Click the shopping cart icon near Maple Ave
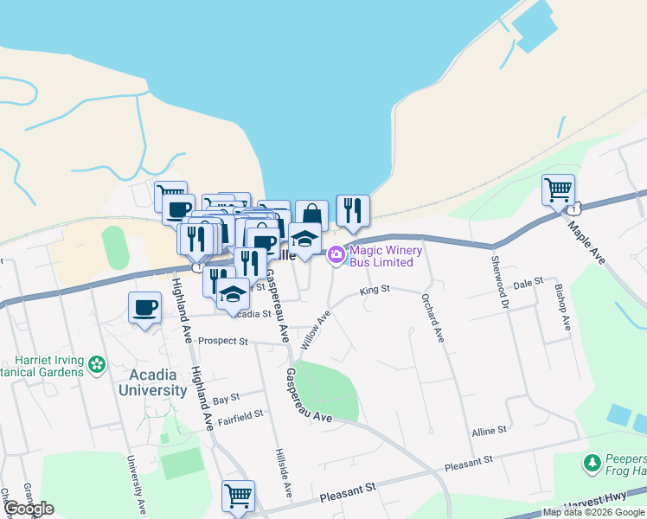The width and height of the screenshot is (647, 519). click(558, 189)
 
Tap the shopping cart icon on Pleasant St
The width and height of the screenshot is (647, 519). click(238, 497)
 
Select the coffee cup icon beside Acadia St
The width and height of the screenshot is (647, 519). click(144, 307)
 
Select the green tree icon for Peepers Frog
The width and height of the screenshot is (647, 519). click(593, 464)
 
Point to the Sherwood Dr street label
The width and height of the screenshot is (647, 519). click(498, 282)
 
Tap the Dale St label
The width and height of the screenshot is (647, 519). click(526, 282)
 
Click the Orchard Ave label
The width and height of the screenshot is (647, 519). click(432, 317)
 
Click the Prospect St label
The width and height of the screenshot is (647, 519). click(222, 341)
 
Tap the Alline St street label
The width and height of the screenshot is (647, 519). click(489, 430)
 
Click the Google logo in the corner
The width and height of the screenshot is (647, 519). click(29, 509)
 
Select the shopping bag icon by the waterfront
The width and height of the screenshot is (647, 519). click(311, 215)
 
